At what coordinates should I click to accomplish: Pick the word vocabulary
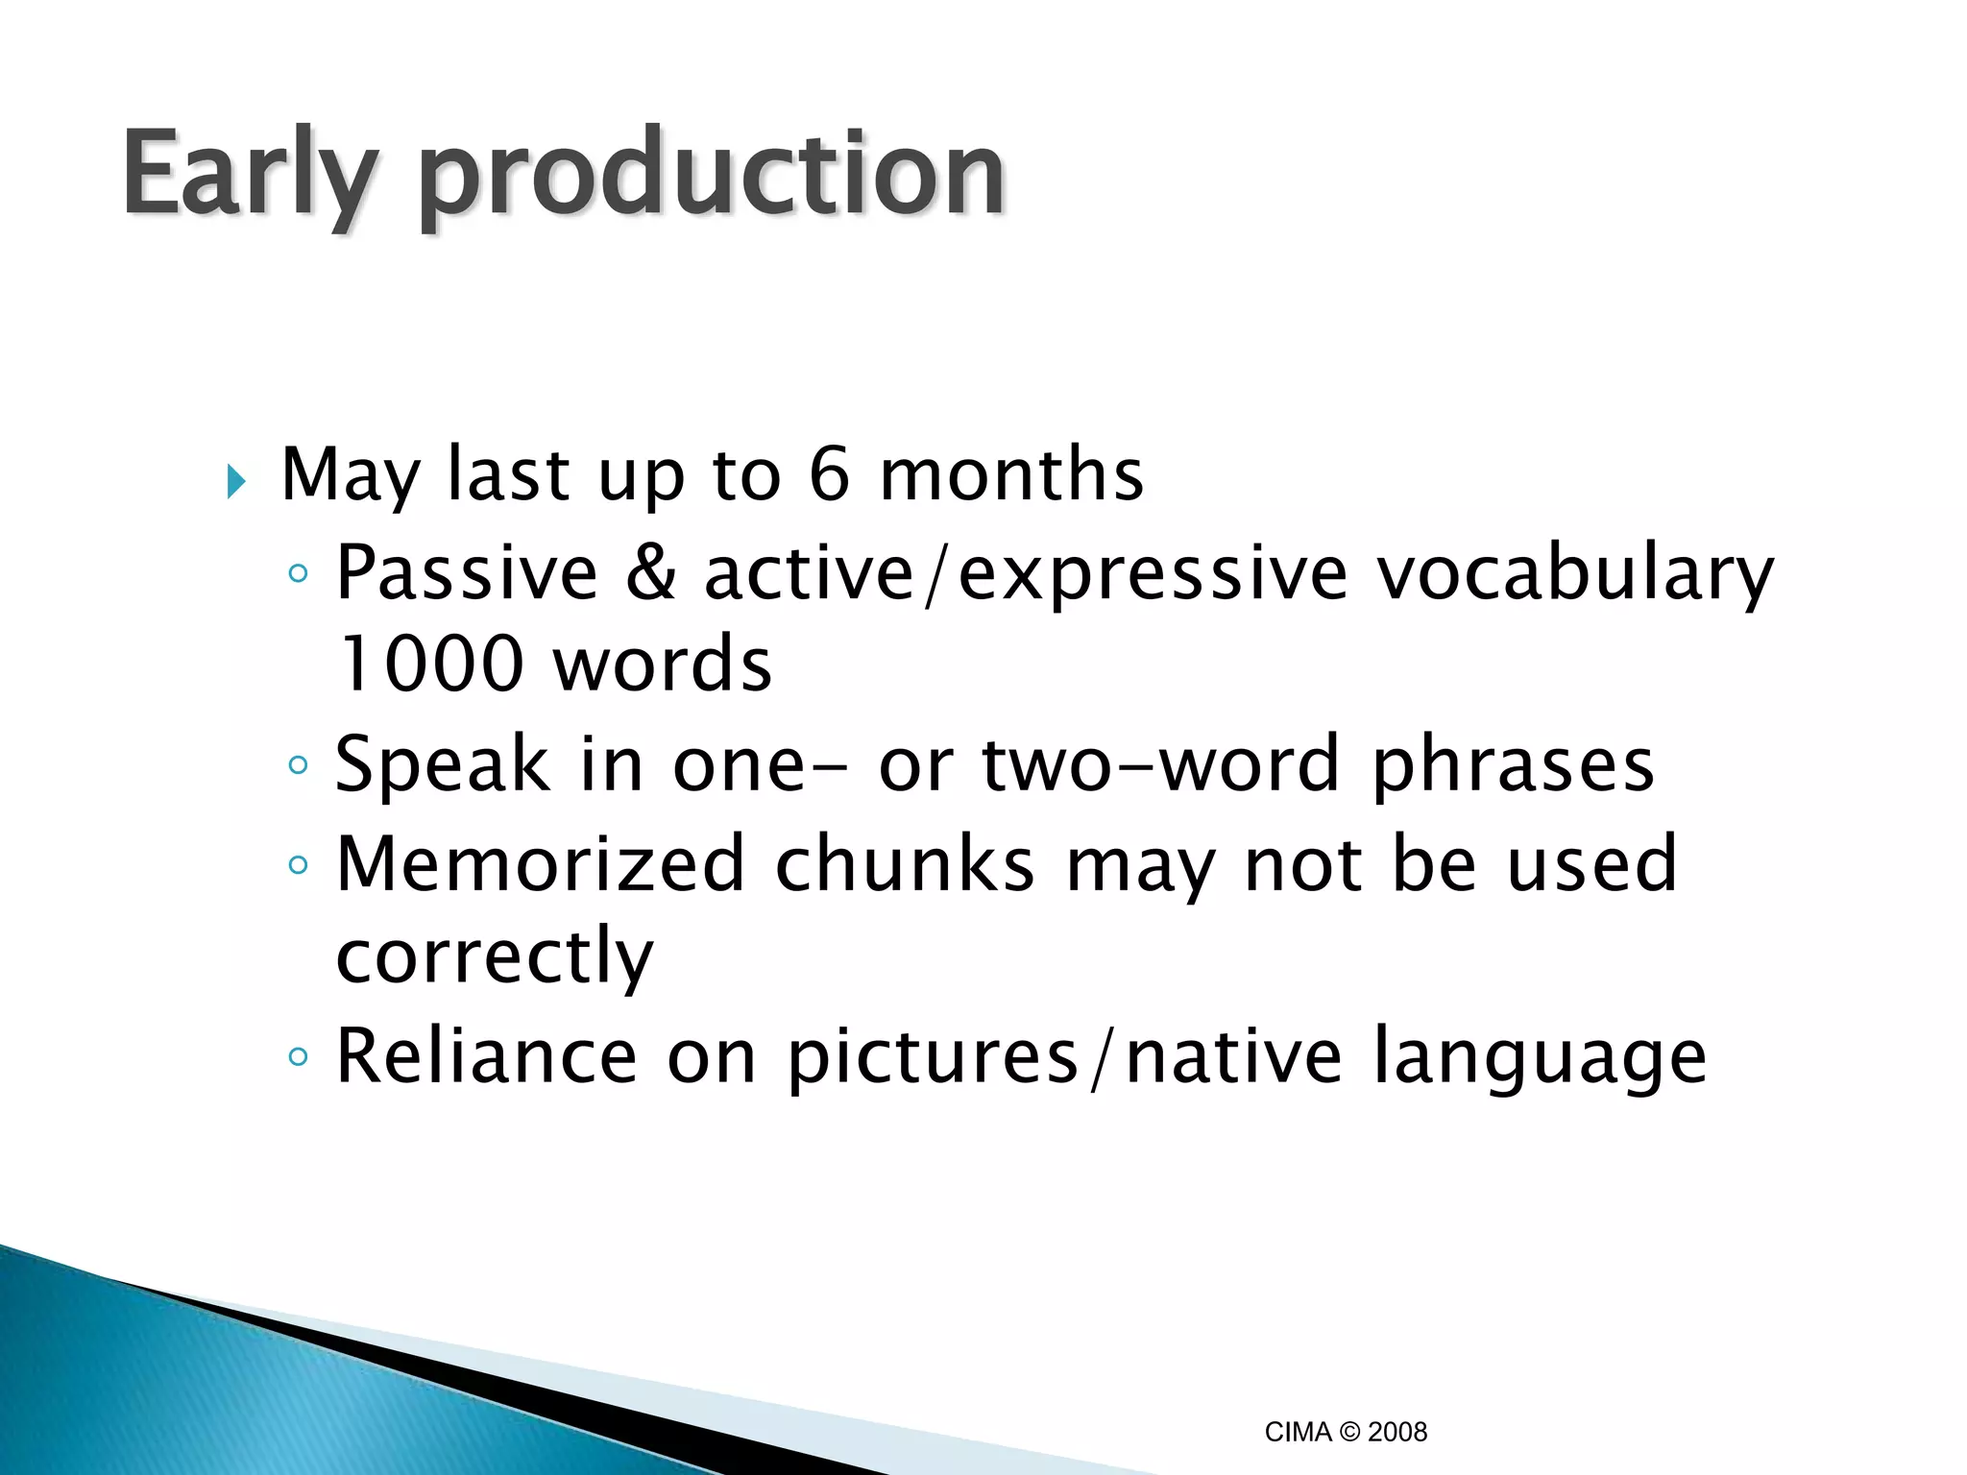click(x=1575, y=573)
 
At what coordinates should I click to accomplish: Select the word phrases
click(x=1513, y=764)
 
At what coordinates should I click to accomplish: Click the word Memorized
click(x=540, y=863)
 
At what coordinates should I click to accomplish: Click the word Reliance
click(x=486, y=1056)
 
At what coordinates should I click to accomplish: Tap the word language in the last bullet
click(x=1540, y=1056)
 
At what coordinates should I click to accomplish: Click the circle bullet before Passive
click(x=299, y=573)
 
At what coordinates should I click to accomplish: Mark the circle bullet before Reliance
click(x=299, y=1056)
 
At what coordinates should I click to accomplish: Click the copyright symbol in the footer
click(x=1349, y=1432)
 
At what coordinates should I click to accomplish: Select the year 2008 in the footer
click(x=1397, y=1432)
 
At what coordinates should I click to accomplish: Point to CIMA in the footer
click(x=1298, y=1432)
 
